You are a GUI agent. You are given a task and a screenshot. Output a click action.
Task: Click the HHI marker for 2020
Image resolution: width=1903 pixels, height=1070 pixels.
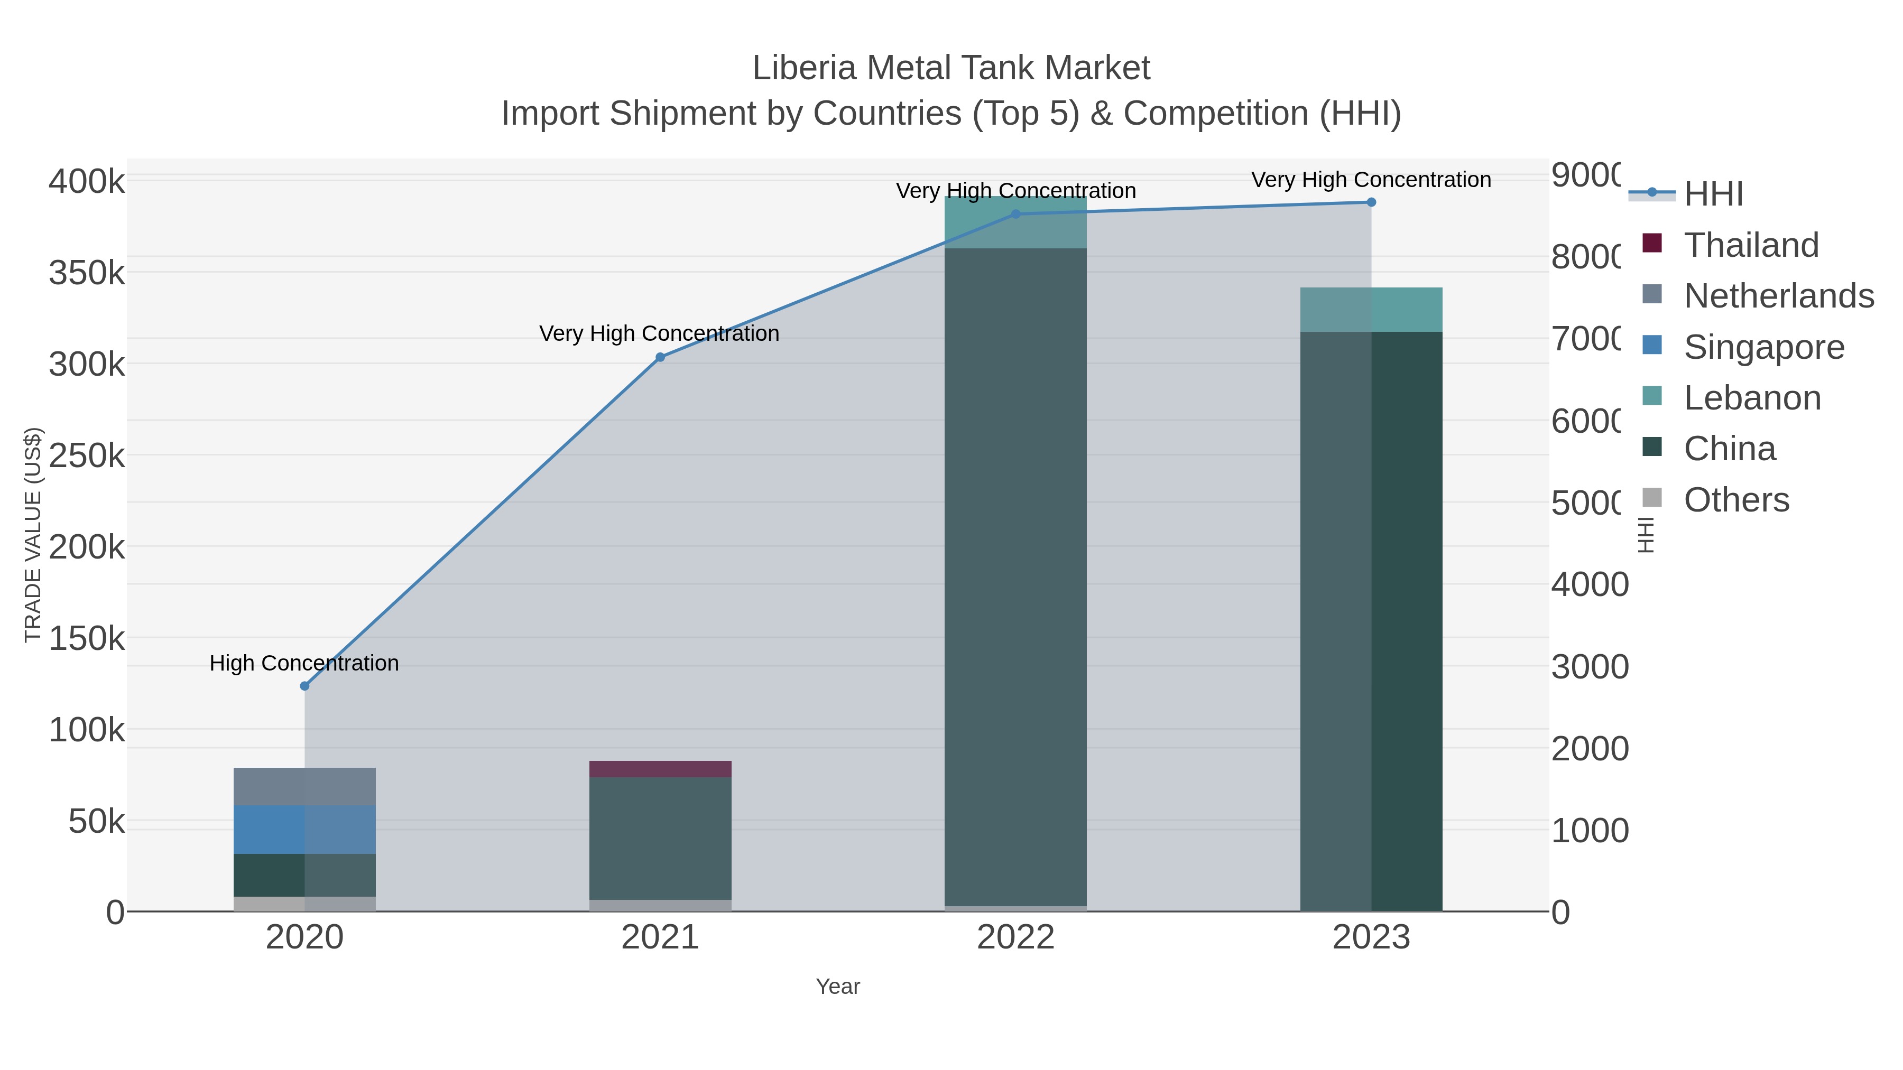tap(304, 686)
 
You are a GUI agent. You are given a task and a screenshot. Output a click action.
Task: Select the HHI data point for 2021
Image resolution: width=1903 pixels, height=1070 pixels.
tap(660, 357)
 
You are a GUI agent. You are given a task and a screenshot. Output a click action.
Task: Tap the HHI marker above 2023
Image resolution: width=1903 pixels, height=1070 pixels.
tap(1371, 202)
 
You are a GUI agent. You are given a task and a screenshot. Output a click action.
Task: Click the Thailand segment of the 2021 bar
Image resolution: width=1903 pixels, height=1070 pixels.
tap(660, 769)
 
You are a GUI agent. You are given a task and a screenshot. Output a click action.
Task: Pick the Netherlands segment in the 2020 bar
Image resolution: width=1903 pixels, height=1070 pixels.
tap(304, 786)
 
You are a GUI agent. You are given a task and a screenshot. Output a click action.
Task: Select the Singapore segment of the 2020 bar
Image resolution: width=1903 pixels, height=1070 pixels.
tap(304, 829)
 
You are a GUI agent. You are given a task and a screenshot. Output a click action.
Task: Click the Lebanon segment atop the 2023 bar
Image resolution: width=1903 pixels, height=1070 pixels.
tap(1371, 310)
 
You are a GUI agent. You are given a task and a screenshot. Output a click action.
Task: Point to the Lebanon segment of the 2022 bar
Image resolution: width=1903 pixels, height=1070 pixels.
tap(1016, 223)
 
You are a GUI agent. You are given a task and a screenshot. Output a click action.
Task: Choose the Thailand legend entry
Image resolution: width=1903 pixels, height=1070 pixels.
tap(1750, 245)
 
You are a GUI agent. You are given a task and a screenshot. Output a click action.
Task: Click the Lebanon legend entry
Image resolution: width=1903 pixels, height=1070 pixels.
tap(1752, 398)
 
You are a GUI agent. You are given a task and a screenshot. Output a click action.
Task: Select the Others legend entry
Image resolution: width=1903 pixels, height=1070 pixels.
tap(1735, 500)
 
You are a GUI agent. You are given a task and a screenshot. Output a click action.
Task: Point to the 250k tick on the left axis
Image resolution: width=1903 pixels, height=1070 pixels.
tap(87, 455)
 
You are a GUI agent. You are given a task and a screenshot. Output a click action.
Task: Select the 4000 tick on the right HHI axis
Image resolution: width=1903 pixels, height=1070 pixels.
tap(1589, 585)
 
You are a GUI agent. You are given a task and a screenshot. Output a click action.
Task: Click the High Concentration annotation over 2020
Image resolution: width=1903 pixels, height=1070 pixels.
tap(304, 663)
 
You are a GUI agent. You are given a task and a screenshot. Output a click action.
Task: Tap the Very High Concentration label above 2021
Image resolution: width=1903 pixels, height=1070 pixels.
tap(659, 334)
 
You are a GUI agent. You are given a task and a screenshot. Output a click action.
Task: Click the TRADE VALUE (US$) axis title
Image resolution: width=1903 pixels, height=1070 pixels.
tap(33, 535)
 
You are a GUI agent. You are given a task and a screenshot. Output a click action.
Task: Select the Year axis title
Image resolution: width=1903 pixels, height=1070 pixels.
tap(838, 987)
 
